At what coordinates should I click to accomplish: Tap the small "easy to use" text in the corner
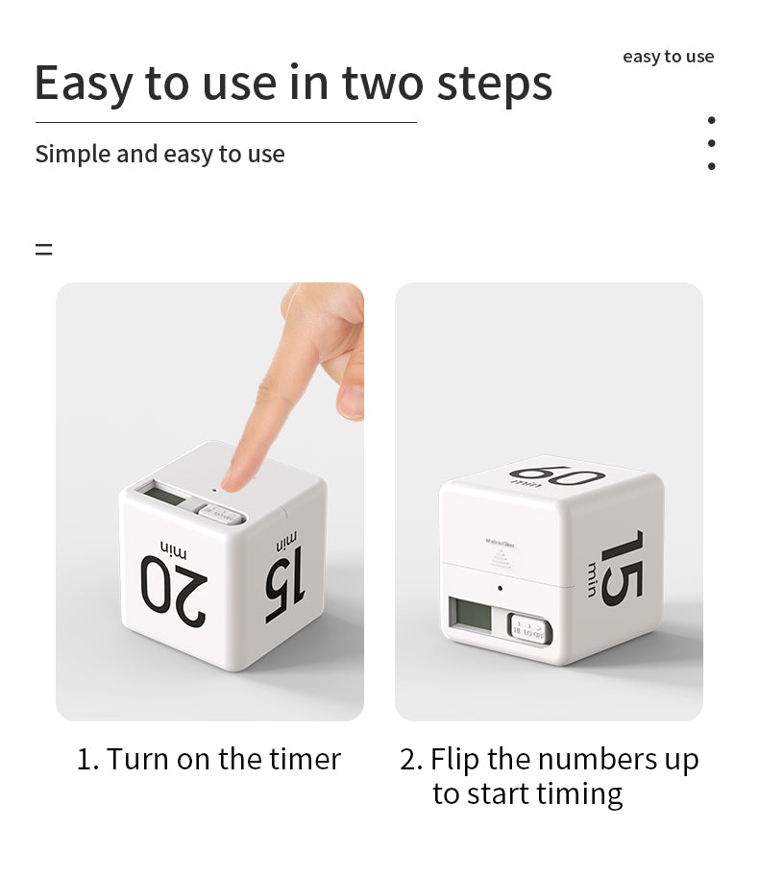[668, 57]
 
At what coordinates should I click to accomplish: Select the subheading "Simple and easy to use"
[159, 154]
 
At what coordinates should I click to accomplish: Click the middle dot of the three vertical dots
[711, 143]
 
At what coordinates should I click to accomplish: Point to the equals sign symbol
[43, 250]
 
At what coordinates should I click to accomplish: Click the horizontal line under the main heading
[226, 122]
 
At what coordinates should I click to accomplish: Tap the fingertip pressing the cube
[240, 471]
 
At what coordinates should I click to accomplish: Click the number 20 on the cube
[174, 594]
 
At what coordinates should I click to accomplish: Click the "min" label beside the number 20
[174, 549]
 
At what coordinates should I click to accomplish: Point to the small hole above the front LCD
[500, 588]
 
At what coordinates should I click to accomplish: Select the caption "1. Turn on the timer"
[208, 759]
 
